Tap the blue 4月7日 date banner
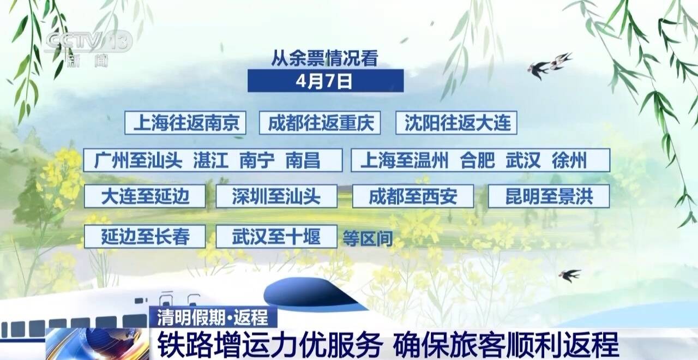(326, 81)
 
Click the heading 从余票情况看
(324, 58)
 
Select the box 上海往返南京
(185, 123)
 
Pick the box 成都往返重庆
(320, 123)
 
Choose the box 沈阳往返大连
(456, 123)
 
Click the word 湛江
(211, 160)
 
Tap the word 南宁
(257, 160)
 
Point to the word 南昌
(303, 160)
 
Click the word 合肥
(477, 160)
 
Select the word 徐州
(569, 160)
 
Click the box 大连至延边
(145, 196)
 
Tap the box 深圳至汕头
(276, 196)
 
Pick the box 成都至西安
(413, 196)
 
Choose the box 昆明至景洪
(549, 196)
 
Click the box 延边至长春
(145, 236)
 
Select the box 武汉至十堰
(276, 236)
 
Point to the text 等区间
(368, 239)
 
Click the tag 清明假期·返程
(213, 317)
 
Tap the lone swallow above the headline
(569, 275)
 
